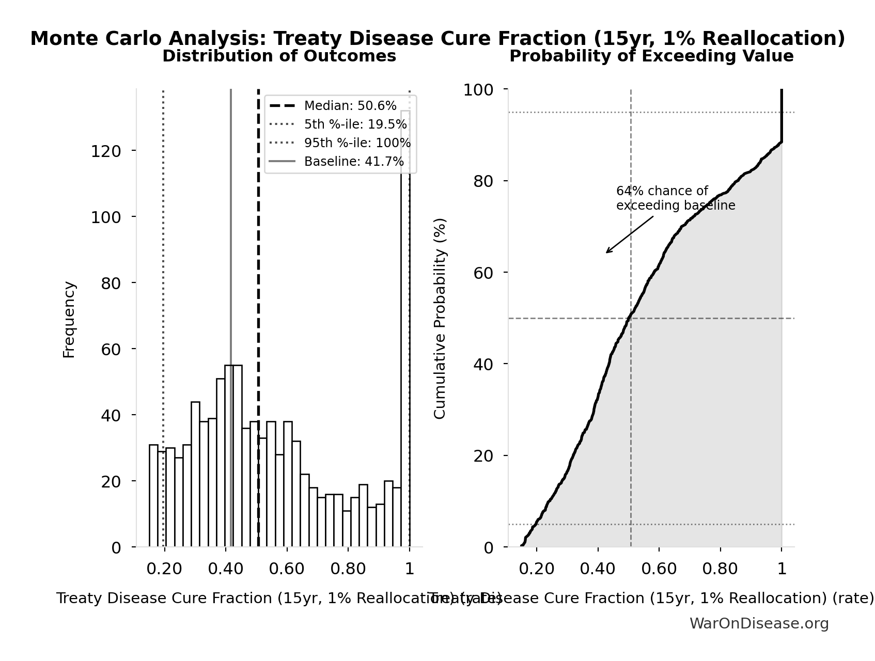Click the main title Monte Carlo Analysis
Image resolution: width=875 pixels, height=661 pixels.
tap(437, 39)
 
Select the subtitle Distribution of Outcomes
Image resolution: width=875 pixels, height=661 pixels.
tap(279, 56)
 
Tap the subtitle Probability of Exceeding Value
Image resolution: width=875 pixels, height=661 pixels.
tap(651, 56)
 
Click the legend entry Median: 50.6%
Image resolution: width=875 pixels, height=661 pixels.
tap(350, 106)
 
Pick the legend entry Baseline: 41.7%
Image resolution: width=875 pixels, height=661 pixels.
tap(354, 162)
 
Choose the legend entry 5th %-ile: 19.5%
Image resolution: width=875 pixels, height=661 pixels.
tap(355, 124)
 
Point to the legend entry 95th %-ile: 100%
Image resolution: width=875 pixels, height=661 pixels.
tap(357, 143)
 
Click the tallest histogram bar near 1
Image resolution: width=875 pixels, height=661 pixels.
tap(405, 330)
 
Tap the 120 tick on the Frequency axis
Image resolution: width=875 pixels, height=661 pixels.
tap(106, 151)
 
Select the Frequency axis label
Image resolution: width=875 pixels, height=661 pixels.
tap(69, 320)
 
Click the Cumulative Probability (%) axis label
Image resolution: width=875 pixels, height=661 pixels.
tap(440, 319)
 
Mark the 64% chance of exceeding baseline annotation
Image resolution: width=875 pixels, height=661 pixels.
tap(675, 199)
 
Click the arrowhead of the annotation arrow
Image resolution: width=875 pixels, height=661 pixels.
tap(607, 252)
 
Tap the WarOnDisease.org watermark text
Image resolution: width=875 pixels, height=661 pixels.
tap(759, 624)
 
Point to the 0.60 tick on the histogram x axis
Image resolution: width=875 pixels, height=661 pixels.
tap(287, 569)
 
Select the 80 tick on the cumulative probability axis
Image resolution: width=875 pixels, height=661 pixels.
tap(483, 182)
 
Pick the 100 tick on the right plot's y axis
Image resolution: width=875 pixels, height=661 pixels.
tap(478, 90)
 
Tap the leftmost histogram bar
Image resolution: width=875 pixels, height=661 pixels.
tap(153, 496)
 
